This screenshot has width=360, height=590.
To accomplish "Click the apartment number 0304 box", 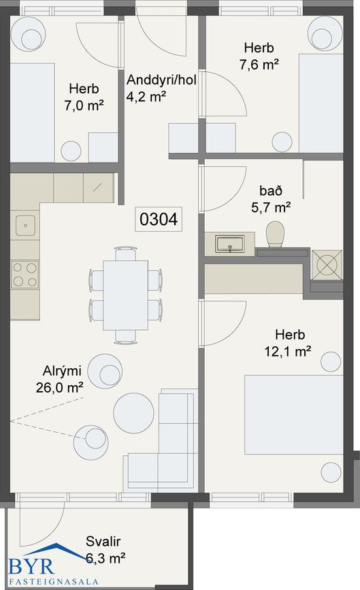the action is coord(159,218).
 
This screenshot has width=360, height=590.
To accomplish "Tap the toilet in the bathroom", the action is coord(275,235).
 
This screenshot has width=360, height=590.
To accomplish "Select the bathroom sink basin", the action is coord(229,244).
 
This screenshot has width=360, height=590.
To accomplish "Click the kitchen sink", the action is coord(26,225).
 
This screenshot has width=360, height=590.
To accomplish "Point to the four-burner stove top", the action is coord(24,275).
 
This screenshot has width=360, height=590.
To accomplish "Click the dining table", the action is coord(125,295).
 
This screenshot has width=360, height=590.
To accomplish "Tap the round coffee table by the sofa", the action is coord(133,413).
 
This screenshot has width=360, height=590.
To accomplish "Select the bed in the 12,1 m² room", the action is coord(293,414).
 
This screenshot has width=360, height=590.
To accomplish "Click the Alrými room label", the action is coord(62,371).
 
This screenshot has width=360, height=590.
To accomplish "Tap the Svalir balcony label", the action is coord(103,541).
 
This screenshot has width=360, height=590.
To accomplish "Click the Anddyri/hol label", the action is coord(161,80).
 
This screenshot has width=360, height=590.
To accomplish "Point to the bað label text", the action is coord(270,191).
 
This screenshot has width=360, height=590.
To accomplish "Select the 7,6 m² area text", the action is coord(259,65).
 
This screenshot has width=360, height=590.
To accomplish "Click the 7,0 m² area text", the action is coord(84,105).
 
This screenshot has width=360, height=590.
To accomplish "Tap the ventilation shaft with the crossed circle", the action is coord(327,265).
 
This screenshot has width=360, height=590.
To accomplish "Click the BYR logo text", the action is coord(31,566).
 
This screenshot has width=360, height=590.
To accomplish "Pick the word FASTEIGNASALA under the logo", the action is coord(53,582).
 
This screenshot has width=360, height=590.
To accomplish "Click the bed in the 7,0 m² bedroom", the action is coord(33,112).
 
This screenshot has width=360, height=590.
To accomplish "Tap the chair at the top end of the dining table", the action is coord(125,254).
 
